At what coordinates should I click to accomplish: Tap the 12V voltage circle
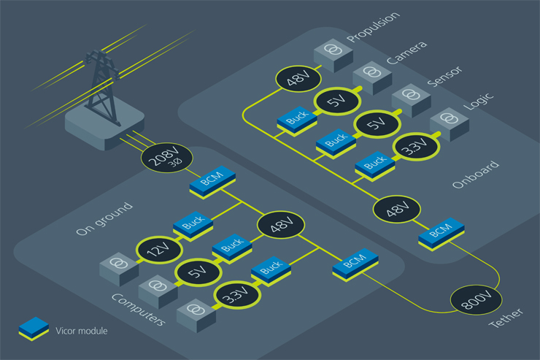(155, 250)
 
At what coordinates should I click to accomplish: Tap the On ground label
(104, 219)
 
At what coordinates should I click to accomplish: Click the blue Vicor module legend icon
(34, 329)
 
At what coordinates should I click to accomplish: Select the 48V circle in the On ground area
(279, 224)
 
